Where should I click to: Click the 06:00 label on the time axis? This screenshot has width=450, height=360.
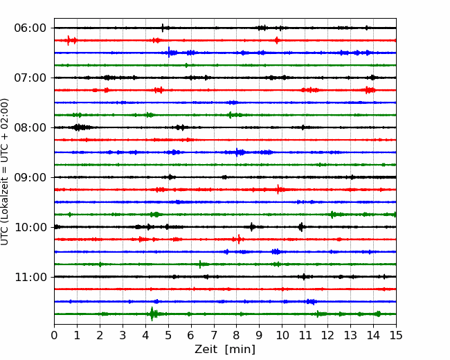coord(30,28)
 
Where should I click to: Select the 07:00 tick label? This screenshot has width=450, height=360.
coord(30,78)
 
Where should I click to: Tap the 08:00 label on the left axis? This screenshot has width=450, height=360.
coord(30,127)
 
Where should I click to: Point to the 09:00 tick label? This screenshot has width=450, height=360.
coord(30,177)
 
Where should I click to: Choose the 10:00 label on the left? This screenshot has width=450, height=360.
coord(30,227)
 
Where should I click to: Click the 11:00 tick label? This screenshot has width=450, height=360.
coord(30,277)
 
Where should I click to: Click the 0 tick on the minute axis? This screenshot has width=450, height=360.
coord(54,335)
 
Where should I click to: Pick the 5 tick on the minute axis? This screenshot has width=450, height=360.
coord(168,335)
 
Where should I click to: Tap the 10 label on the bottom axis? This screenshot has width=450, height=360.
coord(282,335)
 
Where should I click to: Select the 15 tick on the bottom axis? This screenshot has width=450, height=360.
coord(396,335)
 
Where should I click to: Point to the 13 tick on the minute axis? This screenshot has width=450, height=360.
coord(350,335)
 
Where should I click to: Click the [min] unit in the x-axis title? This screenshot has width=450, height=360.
coord(240,350)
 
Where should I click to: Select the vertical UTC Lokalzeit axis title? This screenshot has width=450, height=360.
coord(5,172)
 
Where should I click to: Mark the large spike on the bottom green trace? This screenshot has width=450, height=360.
coord(152,314)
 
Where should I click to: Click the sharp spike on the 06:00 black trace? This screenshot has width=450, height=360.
coord(163,28)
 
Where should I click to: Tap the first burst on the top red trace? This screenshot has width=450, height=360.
coord(69,40)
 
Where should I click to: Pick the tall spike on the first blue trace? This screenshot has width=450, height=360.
coord(169,53)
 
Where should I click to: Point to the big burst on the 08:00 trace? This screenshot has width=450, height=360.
coord(78,127)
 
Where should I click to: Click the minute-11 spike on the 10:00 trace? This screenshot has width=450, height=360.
coord(300,227)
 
